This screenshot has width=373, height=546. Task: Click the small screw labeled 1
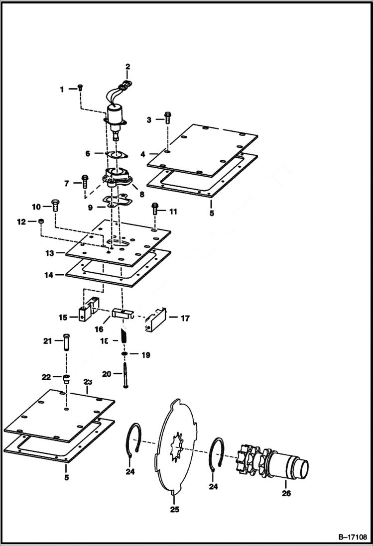pyautogui.click(x=80, y=88)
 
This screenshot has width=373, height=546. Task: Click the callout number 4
pyautogui.click(x=143, y=154)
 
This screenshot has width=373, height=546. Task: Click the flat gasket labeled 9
pyautogui.click(x=116, y=201)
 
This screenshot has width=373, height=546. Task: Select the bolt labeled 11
pyautogui.click(x=154, y=209)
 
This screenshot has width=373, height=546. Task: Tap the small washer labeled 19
pyautogui.click(x=125, y=354)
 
